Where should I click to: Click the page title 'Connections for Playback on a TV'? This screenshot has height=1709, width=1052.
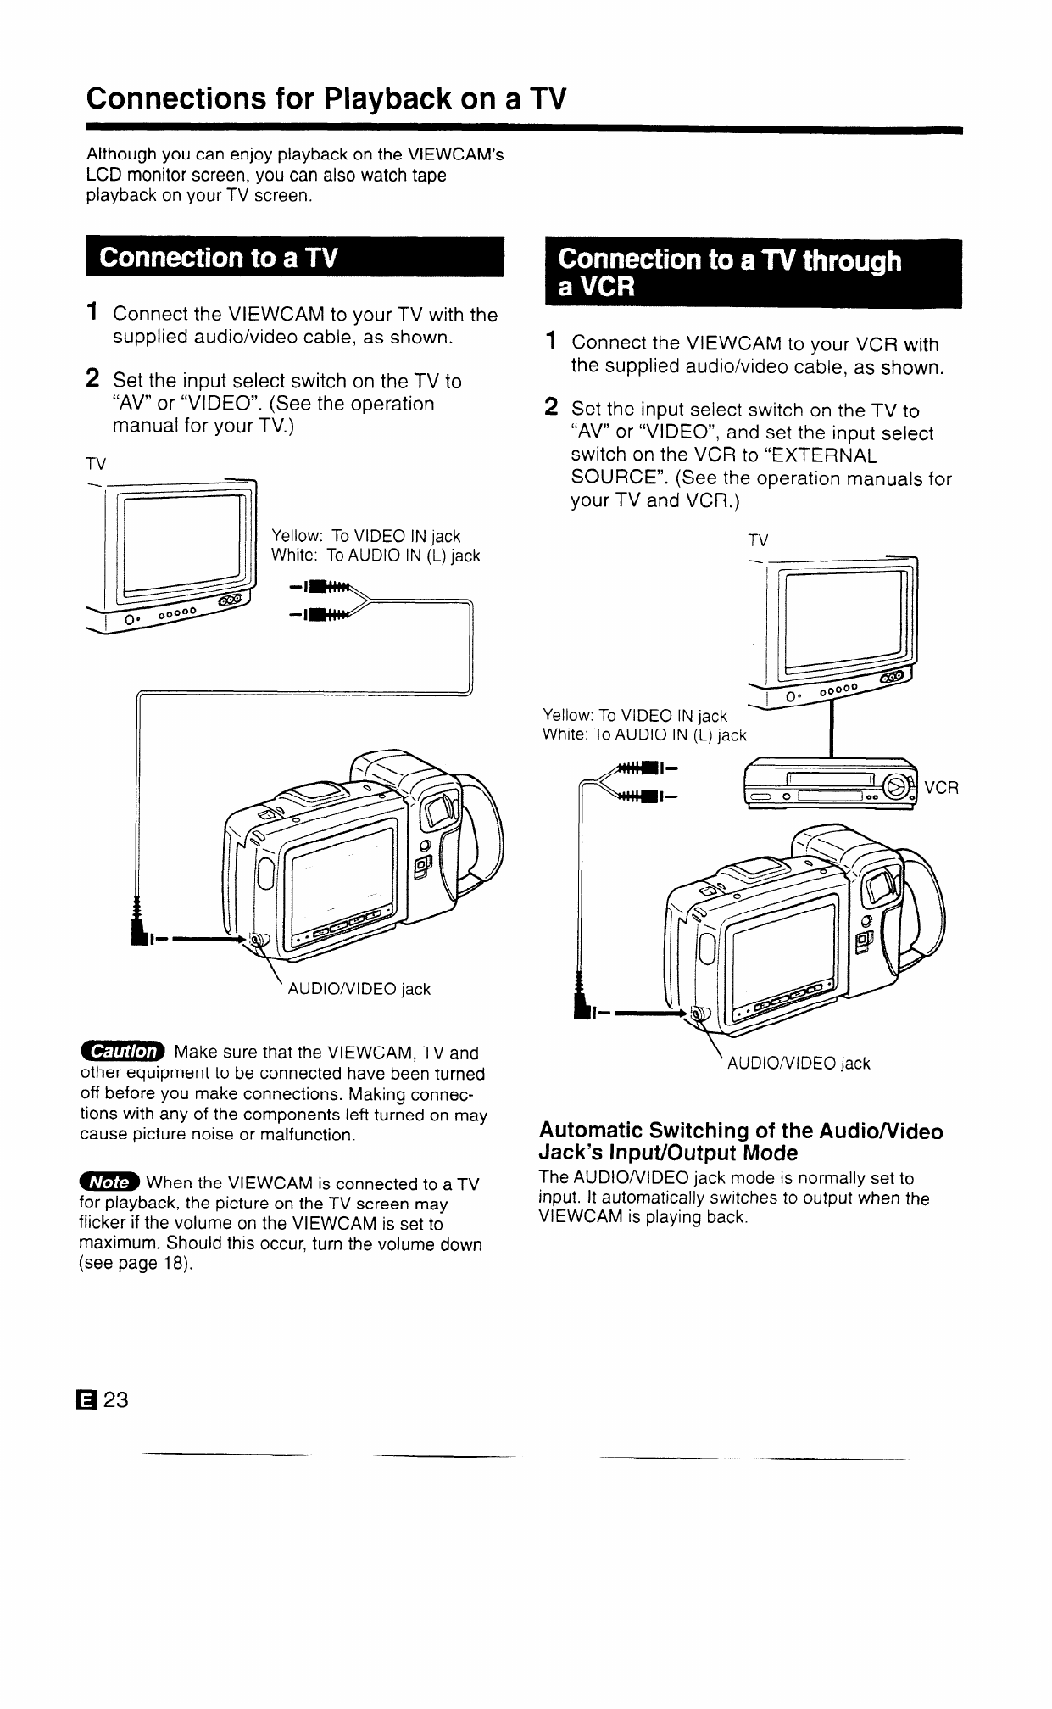(325, 99)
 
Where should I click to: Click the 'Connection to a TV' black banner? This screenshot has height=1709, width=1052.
(293, 257)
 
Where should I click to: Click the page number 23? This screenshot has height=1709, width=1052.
(116, 1399)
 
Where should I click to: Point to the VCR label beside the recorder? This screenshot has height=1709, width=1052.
(941, 788)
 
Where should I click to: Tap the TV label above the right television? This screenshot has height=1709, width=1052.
(759, 540)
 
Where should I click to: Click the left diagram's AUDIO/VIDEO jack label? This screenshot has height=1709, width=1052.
(359, 989)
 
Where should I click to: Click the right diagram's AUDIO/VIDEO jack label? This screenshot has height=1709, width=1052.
(799, 1063)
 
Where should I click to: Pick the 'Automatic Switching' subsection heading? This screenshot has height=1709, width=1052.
(740, 1142)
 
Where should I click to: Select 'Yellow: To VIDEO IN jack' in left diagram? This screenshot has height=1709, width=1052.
(365, 536)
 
